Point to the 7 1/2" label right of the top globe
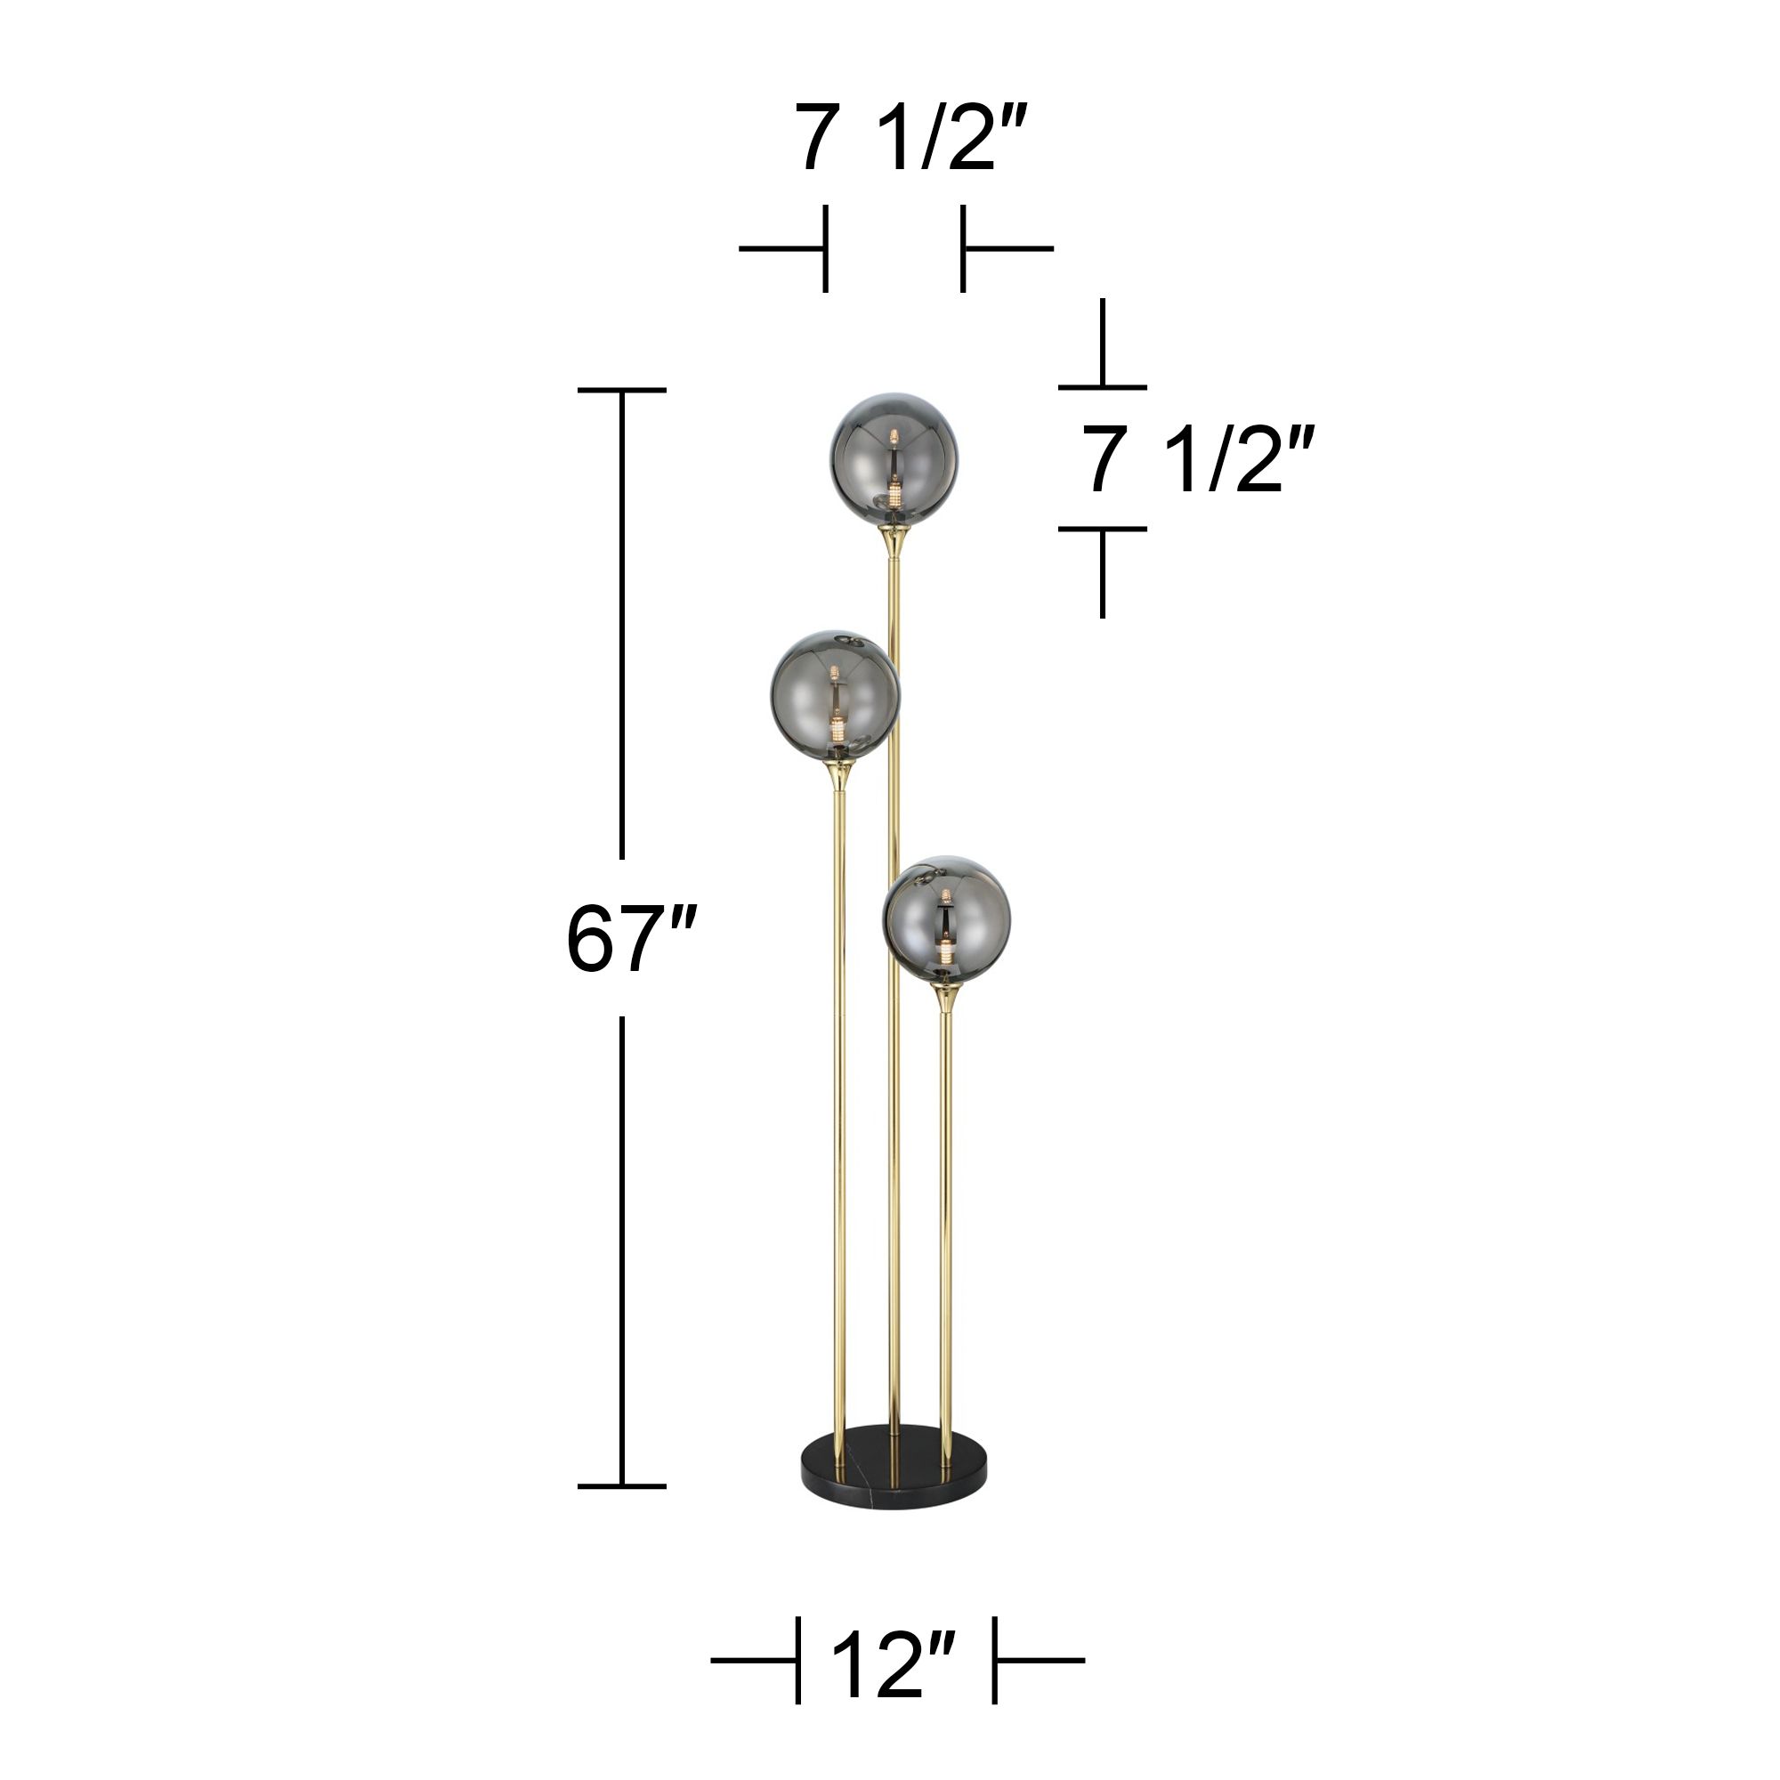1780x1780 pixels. pyautogui.click(x=1195, y=460)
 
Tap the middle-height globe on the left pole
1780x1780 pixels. pyautogui.click(x=835, y=697)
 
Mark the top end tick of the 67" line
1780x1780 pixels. pyautogui.click(x=622, y=391)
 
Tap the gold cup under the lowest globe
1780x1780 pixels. pyautogui.click(x=945, y=998)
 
